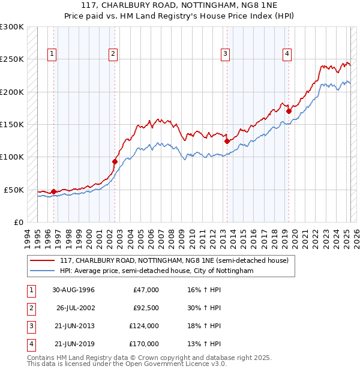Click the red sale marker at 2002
click(x=115, y=161)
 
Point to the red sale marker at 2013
click(x=227, y=142)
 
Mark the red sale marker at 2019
click(x=289, y=111)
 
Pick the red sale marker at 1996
click(x=53, y=191)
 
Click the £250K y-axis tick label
click(x=12, y=59)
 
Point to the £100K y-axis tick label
click(x=12, y=157)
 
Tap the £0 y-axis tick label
click(x=18, y=222)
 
